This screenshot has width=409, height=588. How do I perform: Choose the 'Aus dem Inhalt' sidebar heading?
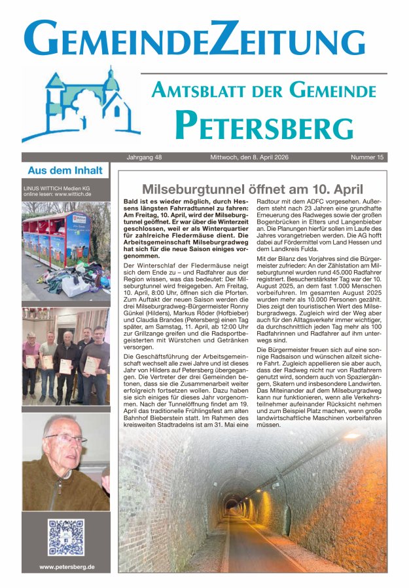coord(65,170)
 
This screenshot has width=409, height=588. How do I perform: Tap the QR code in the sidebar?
coord(65,538)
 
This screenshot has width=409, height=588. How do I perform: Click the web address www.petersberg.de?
coord(66,567)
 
